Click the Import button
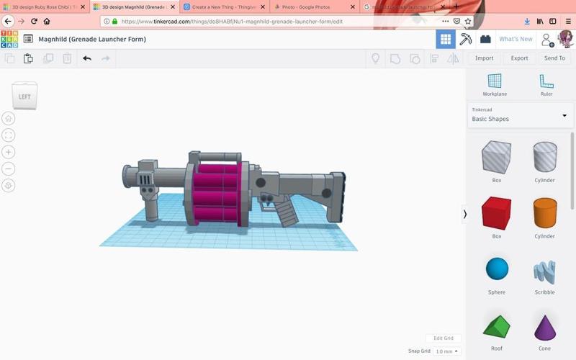click(484, 58)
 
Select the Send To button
click(554, 58)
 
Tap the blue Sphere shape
click(496, 269)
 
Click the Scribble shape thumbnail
click(544, 271)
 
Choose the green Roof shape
click(496, 328)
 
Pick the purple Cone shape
click(544, 328)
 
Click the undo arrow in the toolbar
click(87, 58)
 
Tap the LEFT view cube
click(24, 96)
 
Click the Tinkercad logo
click(9, 39)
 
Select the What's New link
click(516, 39)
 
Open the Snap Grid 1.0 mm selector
click(447, 351)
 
